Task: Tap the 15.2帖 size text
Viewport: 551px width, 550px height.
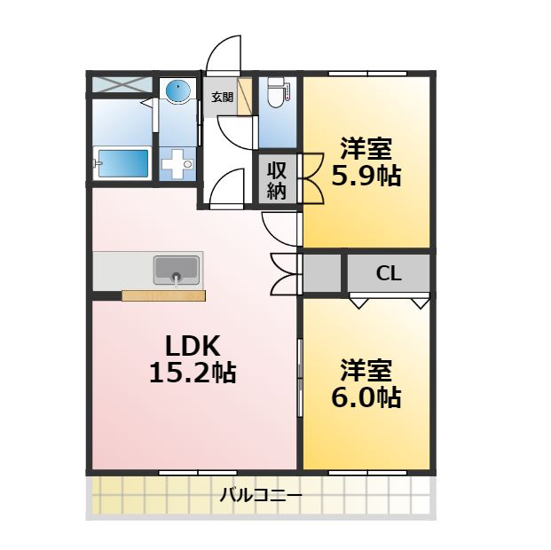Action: (x=192, y=373)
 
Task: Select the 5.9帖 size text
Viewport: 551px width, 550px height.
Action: (x=366, y=176)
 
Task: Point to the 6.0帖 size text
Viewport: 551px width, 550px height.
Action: (x=366, y=397)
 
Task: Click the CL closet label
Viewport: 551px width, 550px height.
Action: (x=389, y=273)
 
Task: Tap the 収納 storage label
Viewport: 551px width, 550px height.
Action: (x=277, y=179)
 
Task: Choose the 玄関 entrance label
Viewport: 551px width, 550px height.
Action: (x=221, y=98)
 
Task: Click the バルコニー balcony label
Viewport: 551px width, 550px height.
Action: (x=261, y=495)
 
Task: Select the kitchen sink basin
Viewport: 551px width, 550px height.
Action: (x=177, y=269)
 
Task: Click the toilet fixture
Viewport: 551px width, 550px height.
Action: (x=277, y=93)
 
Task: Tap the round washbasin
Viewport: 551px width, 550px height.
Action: (x=178, y=92)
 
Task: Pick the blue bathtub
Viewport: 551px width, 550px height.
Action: (x=122, y=164)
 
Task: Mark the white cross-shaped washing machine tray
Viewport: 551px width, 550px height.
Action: (x=177, y=164)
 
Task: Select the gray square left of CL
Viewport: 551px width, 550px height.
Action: (x=323, y=273)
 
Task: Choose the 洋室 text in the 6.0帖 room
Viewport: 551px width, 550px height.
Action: (x=366, y=368)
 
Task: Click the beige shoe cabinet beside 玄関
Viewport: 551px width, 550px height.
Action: (x=246, y=96)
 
